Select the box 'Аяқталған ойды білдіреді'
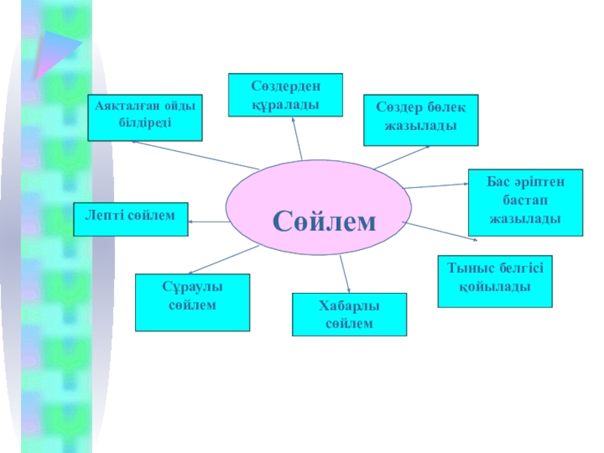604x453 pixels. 145,118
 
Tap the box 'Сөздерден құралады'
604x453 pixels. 285,94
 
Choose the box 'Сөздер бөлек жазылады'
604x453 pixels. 421,119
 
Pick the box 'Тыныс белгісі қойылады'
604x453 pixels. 495,281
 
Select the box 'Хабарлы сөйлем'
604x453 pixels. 349,314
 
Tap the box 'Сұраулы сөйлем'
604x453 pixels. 193,302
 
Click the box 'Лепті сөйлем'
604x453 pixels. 131,219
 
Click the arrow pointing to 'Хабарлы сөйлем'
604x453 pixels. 344,273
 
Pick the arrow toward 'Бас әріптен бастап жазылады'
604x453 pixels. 436,185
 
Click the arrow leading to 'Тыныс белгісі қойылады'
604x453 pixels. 442,233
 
